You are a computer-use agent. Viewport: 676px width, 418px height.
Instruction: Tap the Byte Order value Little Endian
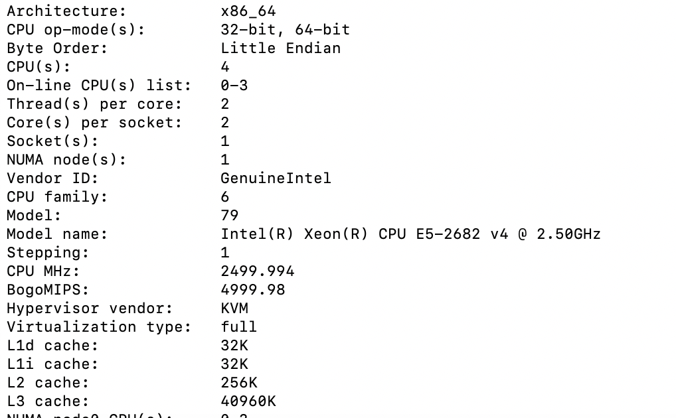pyautogui.click(x=280, y=48)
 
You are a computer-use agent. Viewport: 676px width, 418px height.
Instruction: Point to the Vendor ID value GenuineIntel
pyautogui.click(x=276, y=178)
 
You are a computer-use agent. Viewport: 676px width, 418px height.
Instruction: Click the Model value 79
pyautogui.click(x=229, y=216)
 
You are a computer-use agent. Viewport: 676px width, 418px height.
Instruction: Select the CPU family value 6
pyautogui.click(x=225, y=197)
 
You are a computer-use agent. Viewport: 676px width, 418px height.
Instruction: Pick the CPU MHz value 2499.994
pyautogui.click(x=257, y=271)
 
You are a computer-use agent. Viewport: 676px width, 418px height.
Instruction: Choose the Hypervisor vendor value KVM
pyautogui.click(x=234, y=309)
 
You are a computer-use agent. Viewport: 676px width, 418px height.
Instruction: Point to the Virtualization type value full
pyautogui.click(x=238, y=327)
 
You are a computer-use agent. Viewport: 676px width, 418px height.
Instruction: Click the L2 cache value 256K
pyautogui.click(x=238, y=383)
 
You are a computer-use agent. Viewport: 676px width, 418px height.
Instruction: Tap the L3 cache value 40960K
pyautogui.click(x=248, y=401)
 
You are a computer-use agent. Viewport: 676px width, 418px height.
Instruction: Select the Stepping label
pyautogui.click(x=47, y=253)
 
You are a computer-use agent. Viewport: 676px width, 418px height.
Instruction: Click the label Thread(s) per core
pyautogui.click(x=94, y=104)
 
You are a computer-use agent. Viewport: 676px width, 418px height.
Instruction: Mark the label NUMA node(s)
pyautogui.click(x=66, y=160)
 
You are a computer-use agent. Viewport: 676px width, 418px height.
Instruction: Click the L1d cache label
pyautogui.click(x=52, y=346)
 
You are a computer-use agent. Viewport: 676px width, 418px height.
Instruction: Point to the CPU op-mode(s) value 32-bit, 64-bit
pyautogui.click(x=285, y=30)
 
